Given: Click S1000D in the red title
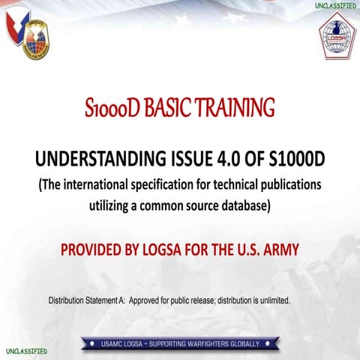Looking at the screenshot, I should (x=112, y=109).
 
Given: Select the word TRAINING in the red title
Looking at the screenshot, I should (x=239, y=109).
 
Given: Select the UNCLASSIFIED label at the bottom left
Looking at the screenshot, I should (x=26, y=351).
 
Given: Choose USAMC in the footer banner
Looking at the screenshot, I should (x=115, y=343).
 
